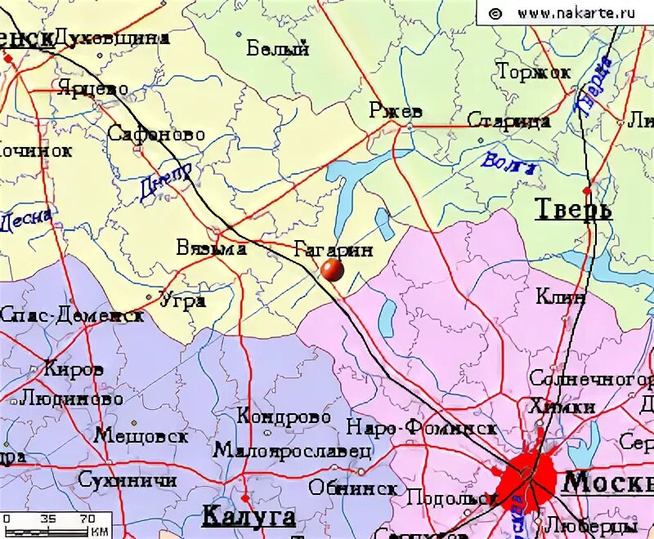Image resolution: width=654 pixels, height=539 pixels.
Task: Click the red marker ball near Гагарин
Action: coord(332,270)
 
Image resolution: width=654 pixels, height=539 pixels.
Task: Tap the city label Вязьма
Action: coord(211,248)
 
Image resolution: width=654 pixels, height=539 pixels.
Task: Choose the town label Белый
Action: coord(278,48)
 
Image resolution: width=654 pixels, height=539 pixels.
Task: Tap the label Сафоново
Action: coord(156,134)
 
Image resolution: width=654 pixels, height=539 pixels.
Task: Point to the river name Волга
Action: coord(508,163)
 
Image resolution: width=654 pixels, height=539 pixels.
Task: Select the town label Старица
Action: coord(508,121)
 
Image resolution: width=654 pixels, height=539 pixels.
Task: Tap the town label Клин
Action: coord(560,296)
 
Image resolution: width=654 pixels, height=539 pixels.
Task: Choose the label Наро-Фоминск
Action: coord(422,427)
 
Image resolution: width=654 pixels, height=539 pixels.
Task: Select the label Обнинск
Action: coord(353,488)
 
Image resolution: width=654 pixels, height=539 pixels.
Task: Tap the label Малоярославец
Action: coord(293,450)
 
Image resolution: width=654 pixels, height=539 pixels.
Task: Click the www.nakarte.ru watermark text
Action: coord(576,12)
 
